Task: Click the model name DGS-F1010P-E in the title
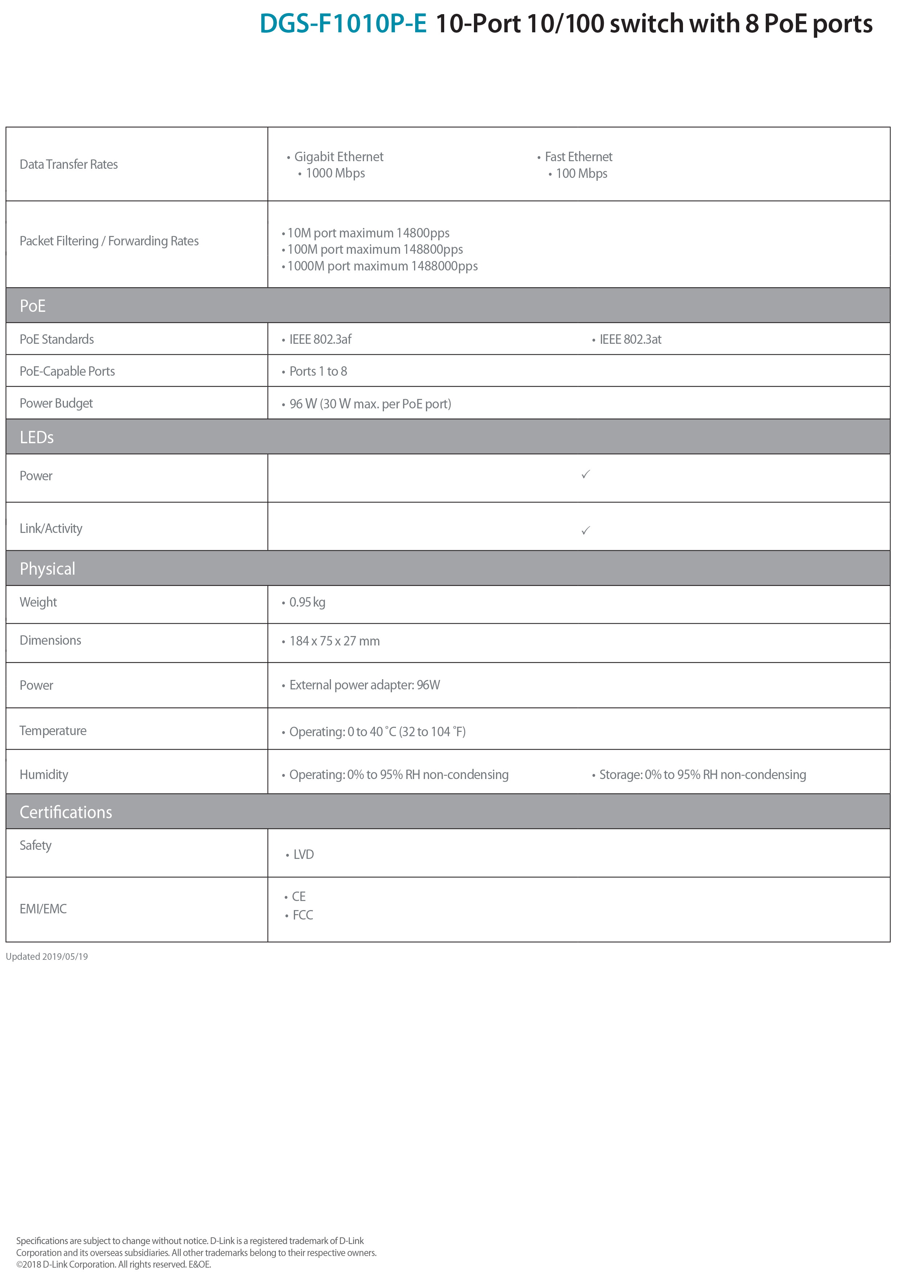[x=343, y=24]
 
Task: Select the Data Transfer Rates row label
[x=69, y=164]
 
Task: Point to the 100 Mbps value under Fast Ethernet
[x=581, y=174]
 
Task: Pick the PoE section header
[x=33, y=306]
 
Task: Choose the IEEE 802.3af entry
[x=320, y=340]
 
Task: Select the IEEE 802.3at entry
[x=630, y=340]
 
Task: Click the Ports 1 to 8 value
[x=318, y=372]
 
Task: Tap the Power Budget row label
[x=56, y=404]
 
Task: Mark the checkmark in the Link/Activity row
[x=585, y=530]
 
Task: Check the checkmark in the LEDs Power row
[x=585, y=474]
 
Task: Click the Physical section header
[x=48, y=568]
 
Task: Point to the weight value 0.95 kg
[x=307, y=603]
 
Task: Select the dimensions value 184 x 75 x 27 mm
[x=334, y=641]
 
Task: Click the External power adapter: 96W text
[x=364, y=686]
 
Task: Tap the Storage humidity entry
[x=702, y=775]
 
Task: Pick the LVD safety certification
[x=303, y=855]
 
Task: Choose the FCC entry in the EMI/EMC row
[x=303, y=915]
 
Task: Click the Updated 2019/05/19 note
[x=47, y=957]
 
